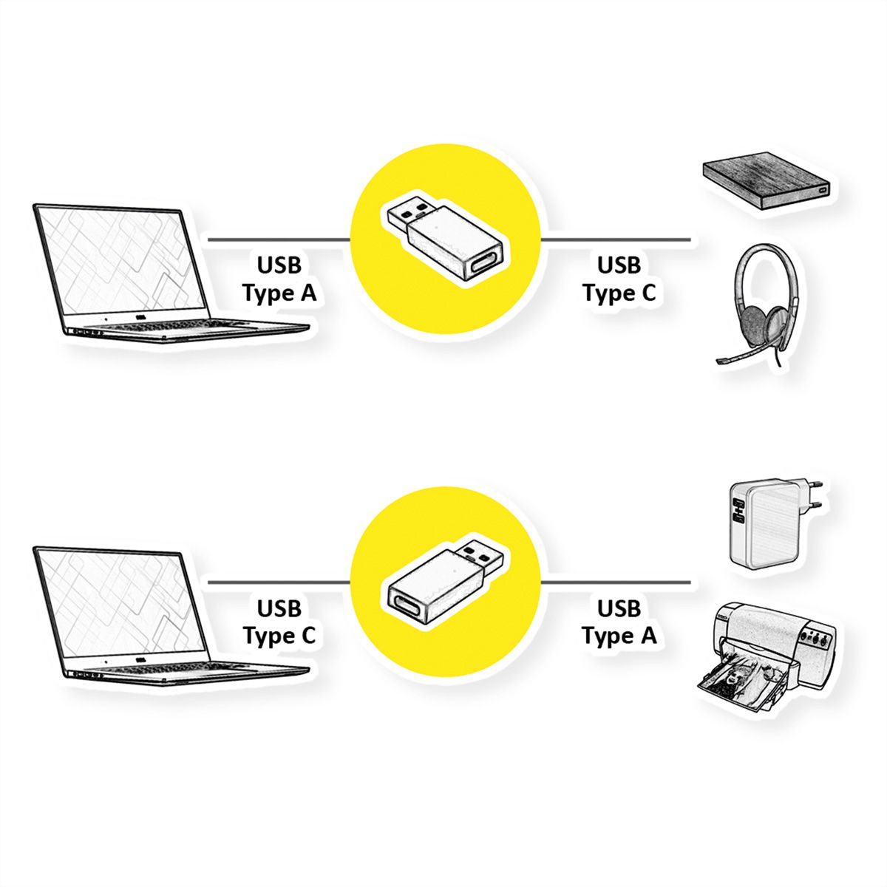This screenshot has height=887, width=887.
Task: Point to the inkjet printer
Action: (769, 650)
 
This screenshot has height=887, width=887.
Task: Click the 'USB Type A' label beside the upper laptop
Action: (279, 279)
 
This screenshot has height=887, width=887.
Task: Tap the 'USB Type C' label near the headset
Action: (619, 279)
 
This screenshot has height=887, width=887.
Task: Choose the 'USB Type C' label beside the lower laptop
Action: (279, 622)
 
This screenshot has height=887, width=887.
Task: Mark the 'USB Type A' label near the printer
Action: (619, 622)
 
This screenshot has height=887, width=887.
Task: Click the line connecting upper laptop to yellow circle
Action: (277, 239)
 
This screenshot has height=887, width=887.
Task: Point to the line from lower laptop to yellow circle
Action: (277, 582)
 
